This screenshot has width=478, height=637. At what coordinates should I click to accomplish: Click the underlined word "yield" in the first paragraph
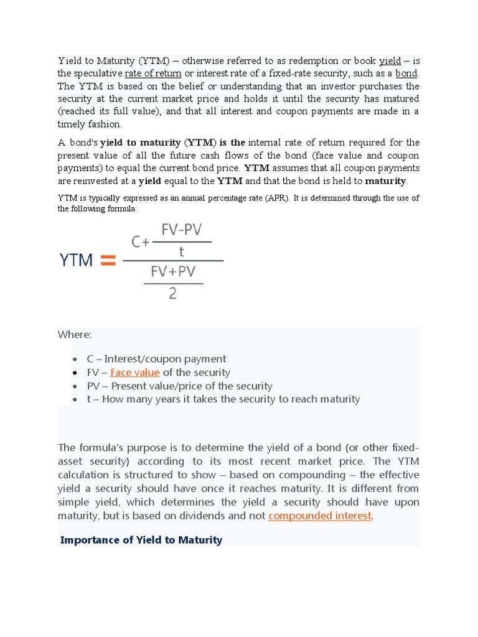[390, 61]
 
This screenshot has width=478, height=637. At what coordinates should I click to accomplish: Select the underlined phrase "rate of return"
[153, 73]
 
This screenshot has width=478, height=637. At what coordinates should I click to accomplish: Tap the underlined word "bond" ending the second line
[407, 73]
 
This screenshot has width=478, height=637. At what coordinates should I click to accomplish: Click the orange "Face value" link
[135, 373]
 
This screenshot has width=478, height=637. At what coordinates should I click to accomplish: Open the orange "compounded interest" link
[320, 516]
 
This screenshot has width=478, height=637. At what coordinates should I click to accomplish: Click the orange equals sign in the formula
[108, 261]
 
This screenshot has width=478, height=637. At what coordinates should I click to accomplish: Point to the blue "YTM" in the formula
[76, 261]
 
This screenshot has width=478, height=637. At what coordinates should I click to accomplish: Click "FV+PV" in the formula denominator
[173, 272]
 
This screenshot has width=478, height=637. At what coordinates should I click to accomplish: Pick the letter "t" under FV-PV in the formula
[182, 252]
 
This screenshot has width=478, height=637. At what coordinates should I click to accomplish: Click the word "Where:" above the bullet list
[75, 335]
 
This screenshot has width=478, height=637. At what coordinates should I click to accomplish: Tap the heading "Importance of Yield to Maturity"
[141, 540]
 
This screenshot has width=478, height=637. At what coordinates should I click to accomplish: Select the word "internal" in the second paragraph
[267, 143]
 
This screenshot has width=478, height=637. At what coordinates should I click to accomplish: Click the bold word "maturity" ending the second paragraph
[385, 181]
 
